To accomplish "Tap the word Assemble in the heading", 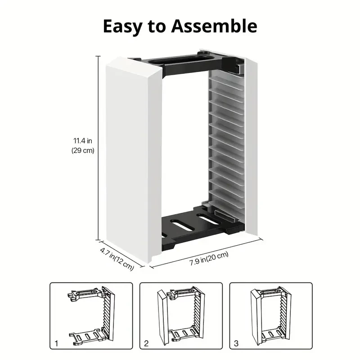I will [214, 26].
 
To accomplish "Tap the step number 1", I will [56, 343].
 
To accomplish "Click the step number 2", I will [146, 343].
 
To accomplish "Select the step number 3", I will [236, 343].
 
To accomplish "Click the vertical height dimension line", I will [99, 148].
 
